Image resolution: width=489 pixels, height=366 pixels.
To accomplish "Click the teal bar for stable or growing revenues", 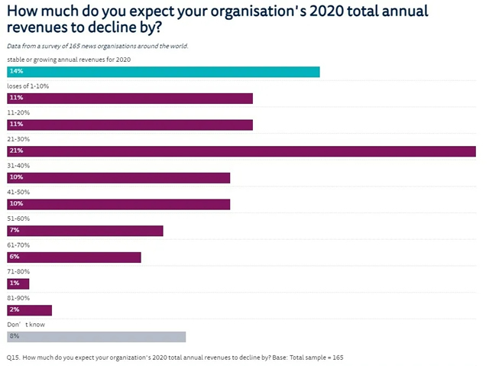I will coord(163,71).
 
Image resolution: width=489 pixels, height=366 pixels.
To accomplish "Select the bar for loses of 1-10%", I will coord(130,98).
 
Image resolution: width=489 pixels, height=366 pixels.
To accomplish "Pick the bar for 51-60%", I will coord(85,230).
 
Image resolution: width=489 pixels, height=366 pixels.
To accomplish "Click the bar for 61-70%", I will coord(74,257).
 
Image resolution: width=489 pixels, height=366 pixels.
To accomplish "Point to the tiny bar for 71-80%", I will coord(18,283).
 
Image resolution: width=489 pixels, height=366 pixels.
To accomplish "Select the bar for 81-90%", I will coord(29,309).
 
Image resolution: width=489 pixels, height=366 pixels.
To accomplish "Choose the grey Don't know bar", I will coord(96,336).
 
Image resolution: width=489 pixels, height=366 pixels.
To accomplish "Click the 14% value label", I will coord(16,71).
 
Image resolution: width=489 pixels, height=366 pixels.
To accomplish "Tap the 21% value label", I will coord(16,151).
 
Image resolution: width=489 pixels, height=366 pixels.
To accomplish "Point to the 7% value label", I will coord(15,230).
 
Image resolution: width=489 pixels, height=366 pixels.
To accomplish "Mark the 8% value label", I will coord(15,336).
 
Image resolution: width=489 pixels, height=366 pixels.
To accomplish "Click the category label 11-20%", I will coord(18,113).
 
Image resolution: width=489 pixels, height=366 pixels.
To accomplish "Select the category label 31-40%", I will coord(18,166).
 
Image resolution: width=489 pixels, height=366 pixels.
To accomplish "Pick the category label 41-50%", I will coord(18,193).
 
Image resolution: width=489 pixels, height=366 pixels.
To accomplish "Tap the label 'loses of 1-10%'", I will coord(28,86).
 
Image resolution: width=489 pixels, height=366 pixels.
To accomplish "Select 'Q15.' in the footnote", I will coord(13,357).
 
